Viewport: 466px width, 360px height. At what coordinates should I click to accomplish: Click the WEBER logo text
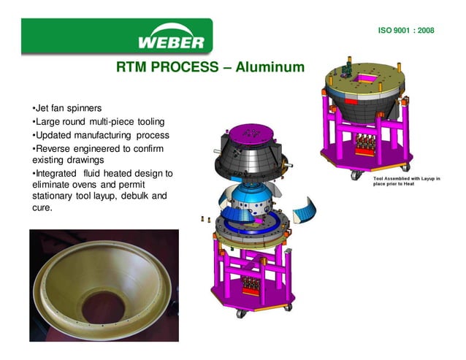pos(171,40)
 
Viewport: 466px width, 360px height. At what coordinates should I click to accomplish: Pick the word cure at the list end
pos(42,208)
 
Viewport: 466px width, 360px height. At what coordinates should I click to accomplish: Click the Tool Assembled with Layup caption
pos(407,181)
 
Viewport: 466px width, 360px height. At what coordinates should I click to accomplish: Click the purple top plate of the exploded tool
pos(251,134)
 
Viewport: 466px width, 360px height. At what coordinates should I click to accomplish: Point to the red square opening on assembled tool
pos(364,77)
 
